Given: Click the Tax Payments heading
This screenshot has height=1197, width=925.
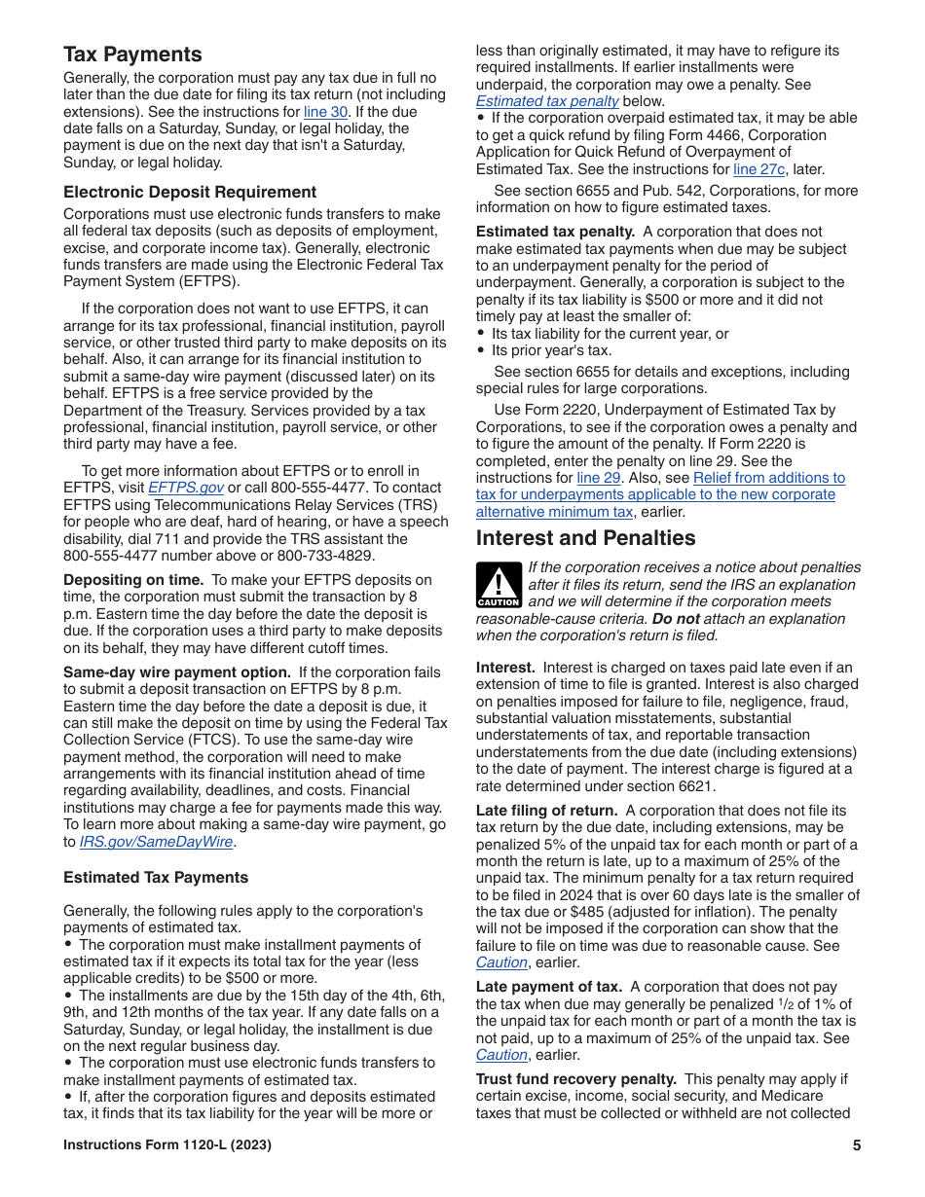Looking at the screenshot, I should tap(132, 54).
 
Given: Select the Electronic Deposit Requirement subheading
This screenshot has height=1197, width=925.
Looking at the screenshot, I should tap(190, 192).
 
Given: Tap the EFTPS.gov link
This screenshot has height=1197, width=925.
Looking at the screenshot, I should tap(185, 488).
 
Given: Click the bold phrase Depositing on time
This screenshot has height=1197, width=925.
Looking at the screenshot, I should tap(133, 580).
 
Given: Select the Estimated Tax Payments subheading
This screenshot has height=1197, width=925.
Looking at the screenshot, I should tap(156, 877).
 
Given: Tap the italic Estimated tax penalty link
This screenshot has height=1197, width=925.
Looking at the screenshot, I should tap(547, 101).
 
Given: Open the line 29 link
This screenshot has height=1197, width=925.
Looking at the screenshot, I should tap(598, 478).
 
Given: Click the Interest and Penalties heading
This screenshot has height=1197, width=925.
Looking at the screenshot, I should tap(585, 538).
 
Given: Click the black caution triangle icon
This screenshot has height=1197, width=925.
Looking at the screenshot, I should tap(499, 584).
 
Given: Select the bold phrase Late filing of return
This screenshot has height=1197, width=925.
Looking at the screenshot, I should tap(546, 811).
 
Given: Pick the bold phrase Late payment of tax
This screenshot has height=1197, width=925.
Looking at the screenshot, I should tap(548, 987).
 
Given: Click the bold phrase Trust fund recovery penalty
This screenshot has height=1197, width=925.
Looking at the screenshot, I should tap(575, 1079).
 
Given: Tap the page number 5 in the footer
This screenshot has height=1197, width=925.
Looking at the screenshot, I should tap(856, 1145).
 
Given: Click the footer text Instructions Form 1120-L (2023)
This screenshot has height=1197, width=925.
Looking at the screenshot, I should tap(167, 1145).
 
